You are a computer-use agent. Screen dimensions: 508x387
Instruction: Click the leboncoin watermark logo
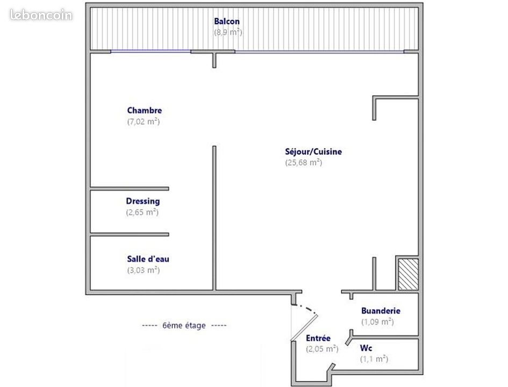click(41, 15)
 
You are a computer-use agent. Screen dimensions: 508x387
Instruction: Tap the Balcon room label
click(227, 21)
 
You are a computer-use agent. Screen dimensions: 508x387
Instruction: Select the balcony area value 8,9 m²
click(228, 32)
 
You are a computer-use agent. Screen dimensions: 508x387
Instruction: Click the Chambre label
click(145, 110)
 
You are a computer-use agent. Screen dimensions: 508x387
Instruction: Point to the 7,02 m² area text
click(144, 121)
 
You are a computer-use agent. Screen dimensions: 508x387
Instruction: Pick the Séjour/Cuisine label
click(313, 152)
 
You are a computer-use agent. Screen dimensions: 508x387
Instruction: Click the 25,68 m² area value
click(304, 162)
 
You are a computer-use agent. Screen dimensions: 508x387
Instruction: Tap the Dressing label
click(143, 202)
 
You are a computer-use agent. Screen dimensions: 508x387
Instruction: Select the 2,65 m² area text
click(142, 212)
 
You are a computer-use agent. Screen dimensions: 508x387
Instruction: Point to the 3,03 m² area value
click(144, 270)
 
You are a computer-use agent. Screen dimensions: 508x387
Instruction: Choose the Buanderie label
click(381, 311)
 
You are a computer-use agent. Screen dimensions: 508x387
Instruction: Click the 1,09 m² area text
click(378, 321)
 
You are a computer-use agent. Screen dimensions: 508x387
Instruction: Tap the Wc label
click(366, 348)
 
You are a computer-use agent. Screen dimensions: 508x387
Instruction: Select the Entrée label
click(318, 338)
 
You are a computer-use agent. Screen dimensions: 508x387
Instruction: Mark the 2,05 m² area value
click(323, 349)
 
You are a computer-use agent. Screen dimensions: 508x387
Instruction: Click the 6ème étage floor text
click(184, 326)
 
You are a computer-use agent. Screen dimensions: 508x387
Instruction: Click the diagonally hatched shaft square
click(408, 274)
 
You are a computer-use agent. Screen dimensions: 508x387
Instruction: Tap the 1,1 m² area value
click(374, 359)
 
